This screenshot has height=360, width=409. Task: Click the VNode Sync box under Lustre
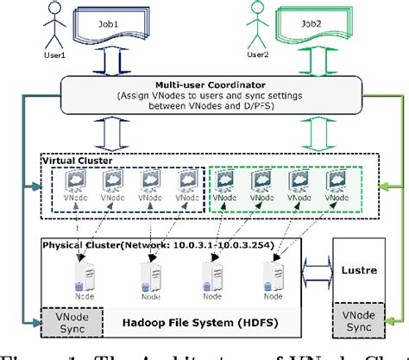[362, 322]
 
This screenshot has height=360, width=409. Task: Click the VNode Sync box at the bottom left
[70, 322]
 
